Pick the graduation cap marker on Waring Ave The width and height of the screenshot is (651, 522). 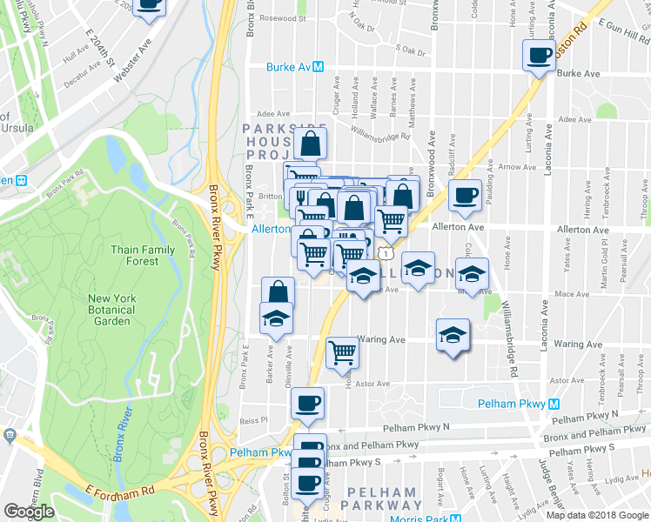pos(453,335)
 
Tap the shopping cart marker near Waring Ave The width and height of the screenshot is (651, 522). pos(342,352)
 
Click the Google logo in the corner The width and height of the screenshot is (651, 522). pos(29,512)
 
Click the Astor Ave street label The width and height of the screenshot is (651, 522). pos(372,383)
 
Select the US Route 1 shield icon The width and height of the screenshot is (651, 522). pos(383,251)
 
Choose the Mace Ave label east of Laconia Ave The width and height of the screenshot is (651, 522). pos(572,294)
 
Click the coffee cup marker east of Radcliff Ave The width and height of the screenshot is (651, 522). pos(466,195)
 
